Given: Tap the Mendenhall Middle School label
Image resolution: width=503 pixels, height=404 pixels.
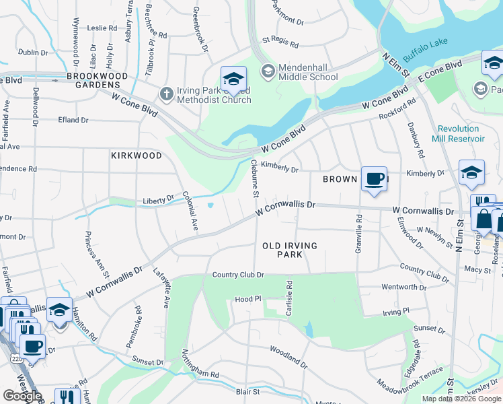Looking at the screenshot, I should pyautogui.click(x=308, y=72).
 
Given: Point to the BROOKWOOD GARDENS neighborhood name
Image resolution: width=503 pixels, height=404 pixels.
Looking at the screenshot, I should pyautogui.click(x=97, y=80).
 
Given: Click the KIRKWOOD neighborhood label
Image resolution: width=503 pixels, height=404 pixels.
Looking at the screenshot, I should pyautogui.click(x=137, y=156).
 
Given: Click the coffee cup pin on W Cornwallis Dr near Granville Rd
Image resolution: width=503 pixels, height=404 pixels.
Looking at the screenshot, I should pyautogui.click(x=374, y=179).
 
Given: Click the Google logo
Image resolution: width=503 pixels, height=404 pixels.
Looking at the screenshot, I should pyautogui.click(x=22, y=396).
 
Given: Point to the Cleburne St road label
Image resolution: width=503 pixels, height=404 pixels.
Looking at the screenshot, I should pyautogui.click(x=254, y=179).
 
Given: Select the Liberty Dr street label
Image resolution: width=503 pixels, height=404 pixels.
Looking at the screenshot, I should pyautogui.click(x=159, y=201).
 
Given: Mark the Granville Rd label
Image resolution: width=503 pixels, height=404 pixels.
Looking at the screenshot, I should pyautogui.click(x=358, y=234).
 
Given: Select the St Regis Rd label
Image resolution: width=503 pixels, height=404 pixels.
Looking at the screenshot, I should pyautogui.click(x=280, y=42).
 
